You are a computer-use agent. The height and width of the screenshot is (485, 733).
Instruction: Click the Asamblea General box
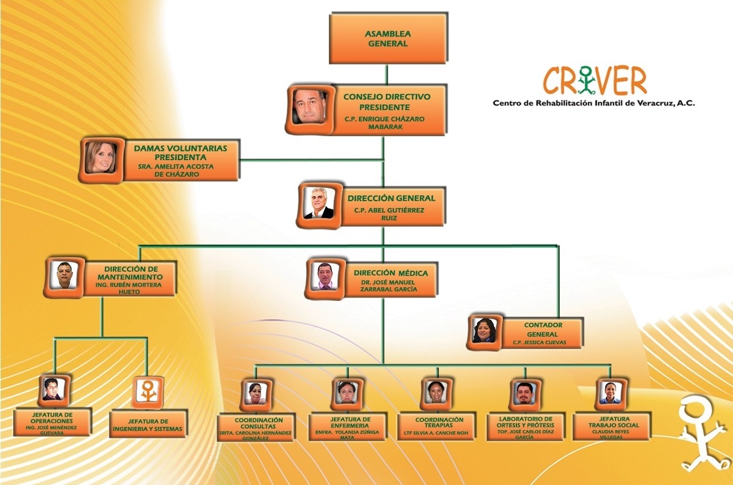click(x=388, y=38)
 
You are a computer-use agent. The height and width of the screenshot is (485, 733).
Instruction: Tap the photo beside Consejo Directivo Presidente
click(x=310, y=108)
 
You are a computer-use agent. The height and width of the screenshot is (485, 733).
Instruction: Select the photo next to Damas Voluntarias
click(x=101, y=158)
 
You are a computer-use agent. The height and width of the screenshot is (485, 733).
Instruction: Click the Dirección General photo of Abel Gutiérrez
click(x=319, y=204)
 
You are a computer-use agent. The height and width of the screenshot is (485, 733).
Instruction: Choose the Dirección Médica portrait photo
click(x=325, y=278)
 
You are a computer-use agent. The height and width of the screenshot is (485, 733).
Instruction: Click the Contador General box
click(x=535, y=333)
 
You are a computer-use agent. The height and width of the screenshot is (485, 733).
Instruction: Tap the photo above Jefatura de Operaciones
click(x=54, y=390)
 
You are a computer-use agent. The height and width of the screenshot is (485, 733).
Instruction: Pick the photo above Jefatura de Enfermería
click(x=347, y=393)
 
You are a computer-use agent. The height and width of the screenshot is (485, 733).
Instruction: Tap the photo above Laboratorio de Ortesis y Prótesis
click(x=524, y=393)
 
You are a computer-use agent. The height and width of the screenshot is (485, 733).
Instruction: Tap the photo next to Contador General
click(x=484, y=331)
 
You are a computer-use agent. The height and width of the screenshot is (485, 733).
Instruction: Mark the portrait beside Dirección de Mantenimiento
click(x=64, y=276)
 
